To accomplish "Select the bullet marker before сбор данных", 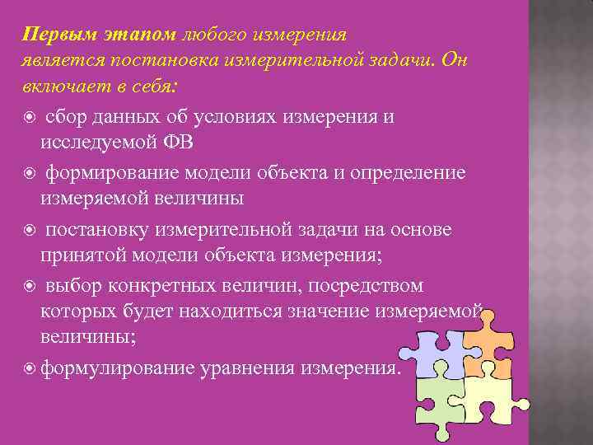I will click(x=30, y=118).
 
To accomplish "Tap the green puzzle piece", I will click(x=440, y=400).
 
